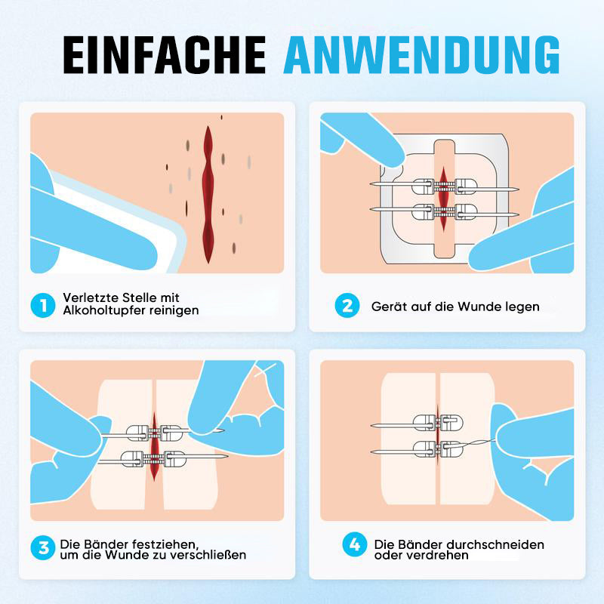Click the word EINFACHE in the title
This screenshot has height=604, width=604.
[165, 54]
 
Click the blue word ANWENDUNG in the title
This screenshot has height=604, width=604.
[421, 54]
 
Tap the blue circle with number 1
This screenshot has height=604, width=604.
[43, 306]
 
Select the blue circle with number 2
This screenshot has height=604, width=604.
[347, 306]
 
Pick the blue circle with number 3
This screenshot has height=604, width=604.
[43, 547]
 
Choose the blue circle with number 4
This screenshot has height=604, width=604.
[355, 544]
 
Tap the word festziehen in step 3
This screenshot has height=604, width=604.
[165, 544]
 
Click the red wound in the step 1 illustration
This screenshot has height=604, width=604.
[208, 195]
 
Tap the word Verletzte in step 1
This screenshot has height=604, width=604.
[91, 297]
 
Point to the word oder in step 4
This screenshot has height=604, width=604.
[389, 555]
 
